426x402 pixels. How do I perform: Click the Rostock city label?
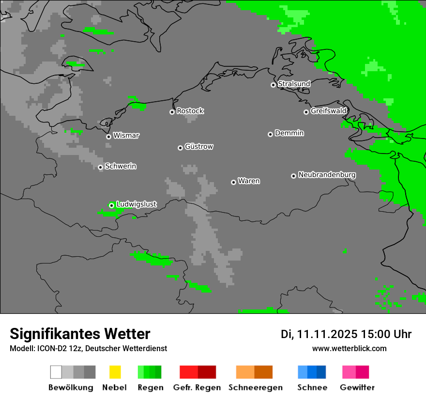(x=190, y=111)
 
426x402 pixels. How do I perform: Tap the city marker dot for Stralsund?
(x=273, y=85)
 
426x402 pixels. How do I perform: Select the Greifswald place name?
(x=328, y=111)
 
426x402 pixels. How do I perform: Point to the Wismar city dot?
(x=108, y=137)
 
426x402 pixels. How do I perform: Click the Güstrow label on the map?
(x=199, y=146)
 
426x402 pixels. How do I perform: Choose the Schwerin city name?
(x=121, y=166)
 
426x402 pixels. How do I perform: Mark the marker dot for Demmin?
(x=270, y=134)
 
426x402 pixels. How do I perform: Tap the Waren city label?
(x=249, y=181)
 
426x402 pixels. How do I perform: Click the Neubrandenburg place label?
(x=327, y=175)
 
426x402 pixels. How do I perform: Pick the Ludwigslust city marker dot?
(x=111, y=205)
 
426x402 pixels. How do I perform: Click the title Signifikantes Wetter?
(x=80, y=334)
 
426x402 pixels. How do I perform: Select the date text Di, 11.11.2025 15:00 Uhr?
(x=346, y=334)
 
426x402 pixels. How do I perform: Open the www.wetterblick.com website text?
(x=350, y=348)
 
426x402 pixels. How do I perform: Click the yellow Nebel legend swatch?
(x=115, y=372)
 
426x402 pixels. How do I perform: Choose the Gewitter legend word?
(x=357, y=387)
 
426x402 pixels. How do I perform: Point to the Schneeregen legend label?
(x=256, y=387)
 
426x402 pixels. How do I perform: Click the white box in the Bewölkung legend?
(x=56, y=372)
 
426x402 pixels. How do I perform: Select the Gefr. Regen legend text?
(x=197, y=387)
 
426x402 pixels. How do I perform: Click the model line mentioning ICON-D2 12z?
(x=88, y=348)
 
